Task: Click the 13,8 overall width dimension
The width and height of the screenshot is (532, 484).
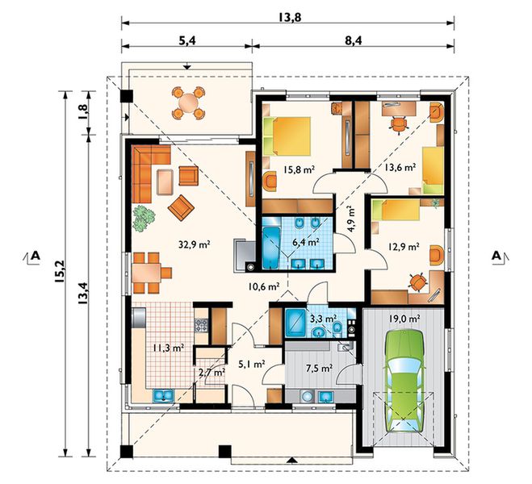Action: [x=290, y=17]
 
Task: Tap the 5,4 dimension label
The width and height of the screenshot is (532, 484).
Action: [x=186, y=40]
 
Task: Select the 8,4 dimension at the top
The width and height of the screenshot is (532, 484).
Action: [x=354, y=40]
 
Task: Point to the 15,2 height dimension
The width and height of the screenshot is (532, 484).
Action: [x=60, y=272]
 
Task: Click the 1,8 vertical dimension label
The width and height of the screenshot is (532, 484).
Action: [x=83, y=111]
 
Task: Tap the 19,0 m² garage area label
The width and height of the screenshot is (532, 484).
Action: [x=404, y=319]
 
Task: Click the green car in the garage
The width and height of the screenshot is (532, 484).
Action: [x=404, y=381]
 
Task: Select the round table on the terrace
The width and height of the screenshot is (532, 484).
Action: [x=188, y=102]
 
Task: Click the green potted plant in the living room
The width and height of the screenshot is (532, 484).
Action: [x=144, y=219]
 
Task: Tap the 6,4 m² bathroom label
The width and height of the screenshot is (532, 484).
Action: [x=306, y=242]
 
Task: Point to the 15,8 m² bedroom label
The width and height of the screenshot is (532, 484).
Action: [x=299, y=170]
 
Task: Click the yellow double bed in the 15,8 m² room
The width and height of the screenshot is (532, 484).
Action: [x=287, y=136]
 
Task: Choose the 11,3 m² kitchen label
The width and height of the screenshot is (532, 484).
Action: [x=168, y=348]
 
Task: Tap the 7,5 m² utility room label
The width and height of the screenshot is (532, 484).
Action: [x=319, y=368]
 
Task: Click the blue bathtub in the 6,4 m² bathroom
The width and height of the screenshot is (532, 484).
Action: [x=271, y=248]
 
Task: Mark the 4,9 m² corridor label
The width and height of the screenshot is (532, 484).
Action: [x=350, y=219]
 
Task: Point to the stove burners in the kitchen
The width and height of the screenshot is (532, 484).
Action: [x=201, y=325]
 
